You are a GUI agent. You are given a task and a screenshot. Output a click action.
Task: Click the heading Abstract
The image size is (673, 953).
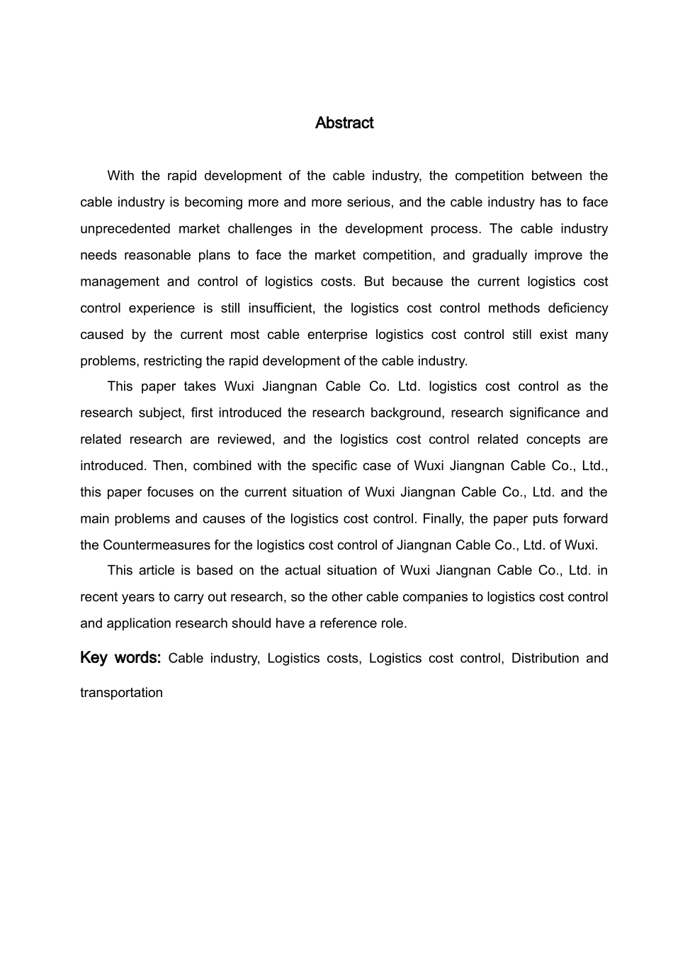(x=344, y=123)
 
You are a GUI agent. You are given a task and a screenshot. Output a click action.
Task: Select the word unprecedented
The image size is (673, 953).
(x=125, y=229)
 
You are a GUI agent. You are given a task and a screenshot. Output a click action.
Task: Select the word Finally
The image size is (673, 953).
(x=443, y=519)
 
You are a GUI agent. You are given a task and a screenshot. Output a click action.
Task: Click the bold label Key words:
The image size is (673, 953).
(x=121, y=658)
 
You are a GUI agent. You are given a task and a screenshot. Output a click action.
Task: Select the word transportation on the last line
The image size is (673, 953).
(x=121, y=693)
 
